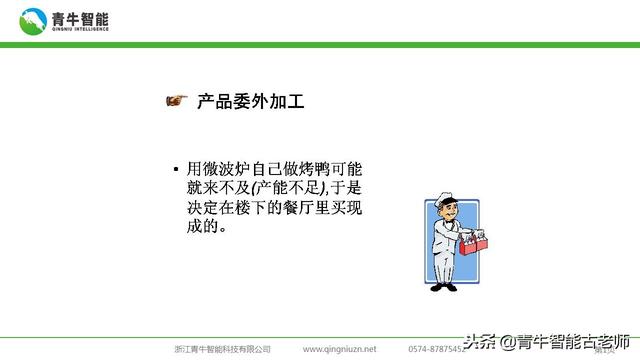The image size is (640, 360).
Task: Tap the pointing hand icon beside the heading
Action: [x=176, y=100]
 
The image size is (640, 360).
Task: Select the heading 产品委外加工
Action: [x=251, y=101]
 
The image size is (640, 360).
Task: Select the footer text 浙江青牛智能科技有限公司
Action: [x=222, y=349]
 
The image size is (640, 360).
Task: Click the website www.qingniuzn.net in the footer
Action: [x=340, y=349]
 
